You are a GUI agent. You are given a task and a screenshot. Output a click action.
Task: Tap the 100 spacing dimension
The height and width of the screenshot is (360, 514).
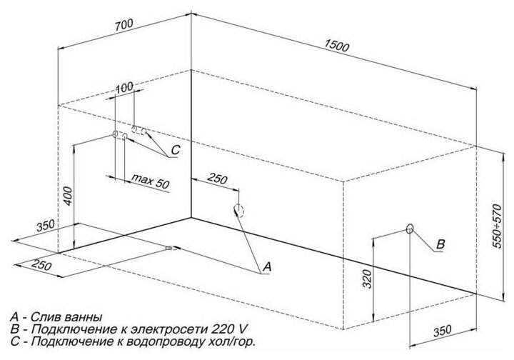click(x=125, y=87)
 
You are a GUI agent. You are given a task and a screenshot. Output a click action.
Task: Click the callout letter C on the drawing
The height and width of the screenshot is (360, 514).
click(x=176, y=151)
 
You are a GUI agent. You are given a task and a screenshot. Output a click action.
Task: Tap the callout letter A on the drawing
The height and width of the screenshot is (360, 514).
click(x=267, y=266)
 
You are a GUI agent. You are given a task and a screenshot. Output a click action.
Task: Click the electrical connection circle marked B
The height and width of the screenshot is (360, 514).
click(x=410, y=229)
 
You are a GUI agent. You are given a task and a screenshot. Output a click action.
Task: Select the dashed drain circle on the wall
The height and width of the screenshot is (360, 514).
click(x=238, y=210)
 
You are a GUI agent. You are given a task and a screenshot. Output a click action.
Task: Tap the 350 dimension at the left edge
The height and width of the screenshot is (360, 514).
click(x=46, y=226)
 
